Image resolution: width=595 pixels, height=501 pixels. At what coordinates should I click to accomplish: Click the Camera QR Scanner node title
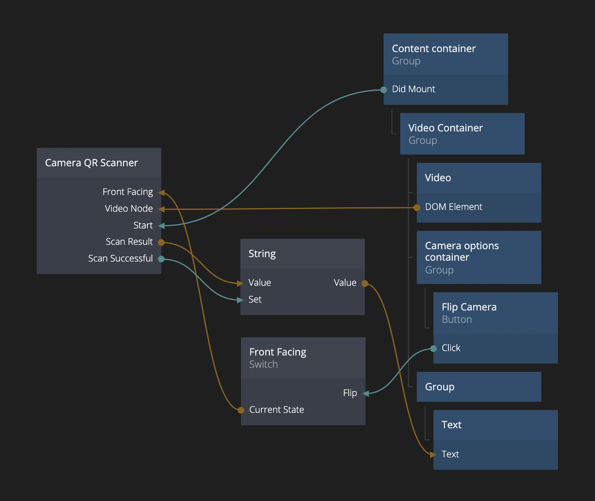(91, 163)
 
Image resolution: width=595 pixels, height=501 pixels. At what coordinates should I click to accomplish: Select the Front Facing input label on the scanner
(128, 192)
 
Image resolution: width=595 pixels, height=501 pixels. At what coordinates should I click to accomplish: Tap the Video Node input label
(129, 209)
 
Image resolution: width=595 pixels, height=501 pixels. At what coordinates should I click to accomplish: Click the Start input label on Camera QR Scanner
(143, 225)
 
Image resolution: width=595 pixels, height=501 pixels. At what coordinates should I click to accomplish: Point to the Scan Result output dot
(162, 242)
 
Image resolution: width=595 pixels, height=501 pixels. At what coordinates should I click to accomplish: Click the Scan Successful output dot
(162, 259)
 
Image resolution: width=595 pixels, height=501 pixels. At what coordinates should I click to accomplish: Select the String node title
(262, 254)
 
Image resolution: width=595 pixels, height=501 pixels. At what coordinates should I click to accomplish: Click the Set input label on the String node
(255, 299)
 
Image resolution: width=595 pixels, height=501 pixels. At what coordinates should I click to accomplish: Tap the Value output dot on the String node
(365, 284)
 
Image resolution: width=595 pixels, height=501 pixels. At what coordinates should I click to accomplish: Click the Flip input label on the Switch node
(350, 393)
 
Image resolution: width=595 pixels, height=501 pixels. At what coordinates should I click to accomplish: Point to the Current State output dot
(241, 410)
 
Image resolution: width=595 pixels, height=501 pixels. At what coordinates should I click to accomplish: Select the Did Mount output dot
(384, 90)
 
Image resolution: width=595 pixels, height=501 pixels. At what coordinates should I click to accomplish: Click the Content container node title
(434, 49)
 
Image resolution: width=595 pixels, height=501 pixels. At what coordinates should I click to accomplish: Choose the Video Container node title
(445, 128)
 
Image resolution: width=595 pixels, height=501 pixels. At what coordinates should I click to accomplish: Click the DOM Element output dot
(417, 208)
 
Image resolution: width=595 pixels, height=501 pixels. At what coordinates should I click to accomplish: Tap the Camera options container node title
(462, 251)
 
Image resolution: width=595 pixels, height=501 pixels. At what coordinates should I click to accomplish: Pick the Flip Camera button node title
(469, 307)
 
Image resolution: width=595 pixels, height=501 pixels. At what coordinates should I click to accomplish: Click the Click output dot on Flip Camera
(433, 349)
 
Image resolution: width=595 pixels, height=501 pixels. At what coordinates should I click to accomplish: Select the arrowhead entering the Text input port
(433, 455)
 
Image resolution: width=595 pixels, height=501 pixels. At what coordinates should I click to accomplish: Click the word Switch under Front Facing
(264, 364)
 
